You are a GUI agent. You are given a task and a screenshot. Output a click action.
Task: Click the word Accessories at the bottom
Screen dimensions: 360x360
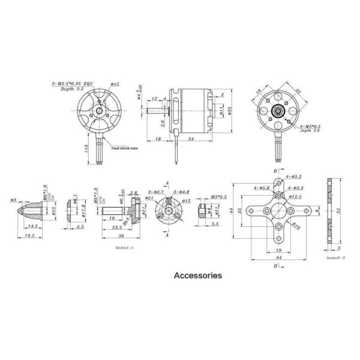[197, 276]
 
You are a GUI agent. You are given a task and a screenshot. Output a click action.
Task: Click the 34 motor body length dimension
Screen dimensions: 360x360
[190, 139]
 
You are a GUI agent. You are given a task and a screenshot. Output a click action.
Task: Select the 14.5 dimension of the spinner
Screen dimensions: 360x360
[34, 227]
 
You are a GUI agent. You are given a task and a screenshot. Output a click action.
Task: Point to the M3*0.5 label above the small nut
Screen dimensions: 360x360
[218, 196]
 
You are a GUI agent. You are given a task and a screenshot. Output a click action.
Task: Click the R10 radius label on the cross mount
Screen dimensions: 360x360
[296, 226]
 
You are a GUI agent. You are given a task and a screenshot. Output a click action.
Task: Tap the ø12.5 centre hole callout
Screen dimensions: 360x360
[294, 196]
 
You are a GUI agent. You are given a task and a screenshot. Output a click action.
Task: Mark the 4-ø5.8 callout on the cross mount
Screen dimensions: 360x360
[262, 188]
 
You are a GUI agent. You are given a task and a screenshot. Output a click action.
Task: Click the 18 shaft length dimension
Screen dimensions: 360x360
[157, 139]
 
